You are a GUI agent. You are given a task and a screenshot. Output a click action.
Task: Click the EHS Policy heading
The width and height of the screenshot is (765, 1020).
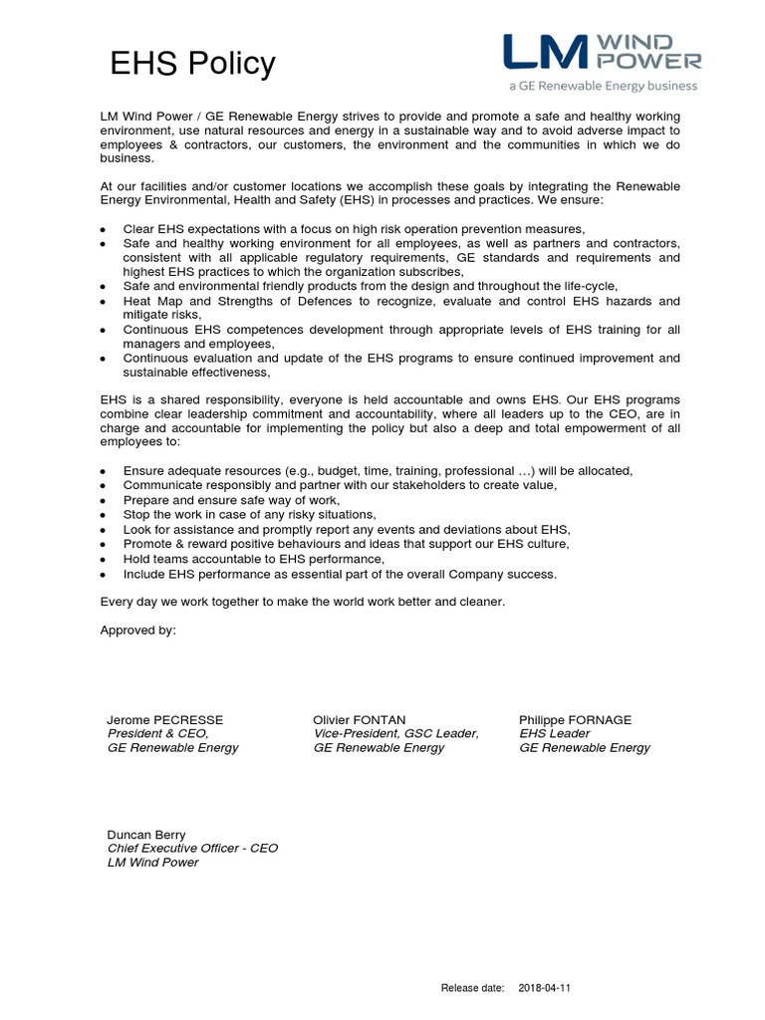point(192,64)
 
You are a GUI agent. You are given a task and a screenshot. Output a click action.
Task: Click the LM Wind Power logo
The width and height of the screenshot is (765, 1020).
point(602,52)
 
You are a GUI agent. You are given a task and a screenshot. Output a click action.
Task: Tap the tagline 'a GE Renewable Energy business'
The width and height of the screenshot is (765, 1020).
point(603,87)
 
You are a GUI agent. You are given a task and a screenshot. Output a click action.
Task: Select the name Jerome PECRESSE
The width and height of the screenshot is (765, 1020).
point(165,719)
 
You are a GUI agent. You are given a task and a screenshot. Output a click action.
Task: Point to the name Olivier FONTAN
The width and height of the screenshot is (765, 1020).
point(360,719)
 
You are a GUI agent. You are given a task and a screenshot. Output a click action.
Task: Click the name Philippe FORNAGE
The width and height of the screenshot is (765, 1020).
point(575,719)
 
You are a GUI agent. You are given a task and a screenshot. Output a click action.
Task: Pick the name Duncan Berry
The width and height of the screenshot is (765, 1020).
point(146,834)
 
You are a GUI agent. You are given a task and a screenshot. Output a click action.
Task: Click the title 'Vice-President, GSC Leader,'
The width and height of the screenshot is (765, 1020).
point(395,733)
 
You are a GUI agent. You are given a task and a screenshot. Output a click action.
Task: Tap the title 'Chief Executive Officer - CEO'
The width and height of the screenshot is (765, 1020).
point(192,848)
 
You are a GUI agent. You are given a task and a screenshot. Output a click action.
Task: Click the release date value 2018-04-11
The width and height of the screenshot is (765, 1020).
point(545,988)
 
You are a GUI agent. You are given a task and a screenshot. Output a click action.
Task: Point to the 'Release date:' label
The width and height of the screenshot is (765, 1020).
point(474,988)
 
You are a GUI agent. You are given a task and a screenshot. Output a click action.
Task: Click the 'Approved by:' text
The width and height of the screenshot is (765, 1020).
point(138,630)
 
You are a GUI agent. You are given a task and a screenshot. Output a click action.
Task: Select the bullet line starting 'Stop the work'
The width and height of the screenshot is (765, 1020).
point(249,514)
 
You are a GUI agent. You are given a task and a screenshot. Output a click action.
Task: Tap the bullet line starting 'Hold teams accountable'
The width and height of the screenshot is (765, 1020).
point(253,559)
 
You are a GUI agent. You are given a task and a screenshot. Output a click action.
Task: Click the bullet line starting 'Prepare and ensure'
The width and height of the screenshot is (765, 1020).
point(231,499)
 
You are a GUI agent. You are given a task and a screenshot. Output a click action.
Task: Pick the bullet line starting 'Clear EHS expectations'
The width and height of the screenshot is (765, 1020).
point(354,228)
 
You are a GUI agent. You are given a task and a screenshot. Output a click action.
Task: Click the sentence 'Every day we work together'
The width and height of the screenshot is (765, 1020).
point(303,602)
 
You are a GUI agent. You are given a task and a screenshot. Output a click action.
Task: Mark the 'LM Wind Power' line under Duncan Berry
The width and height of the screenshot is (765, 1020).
point(152,862)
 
